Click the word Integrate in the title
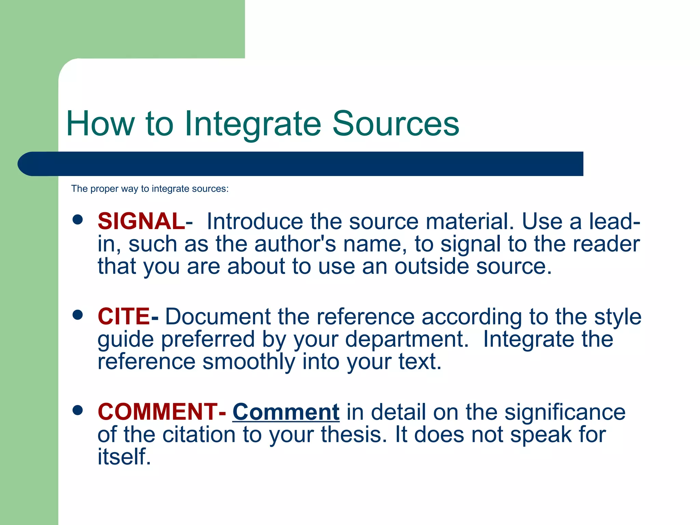[x=253, y=124]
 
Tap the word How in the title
[x=100, y=124]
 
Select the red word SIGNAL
[x=141, y=221]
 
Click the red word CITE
[x=124, y=316]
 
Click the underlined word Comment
[x=286, y=412]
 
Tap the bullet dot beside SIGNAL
[x=78, y=219]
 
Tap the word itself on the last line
[x=124, y=457]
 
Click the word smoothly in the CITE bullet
[x=249, y=362]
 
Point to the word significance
[x=565, y=412]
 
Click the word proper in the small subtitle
[x=104, y=189]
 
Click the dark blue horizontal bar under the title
[x=301, y=164]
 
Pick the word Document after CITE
[x=218, y=317]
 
